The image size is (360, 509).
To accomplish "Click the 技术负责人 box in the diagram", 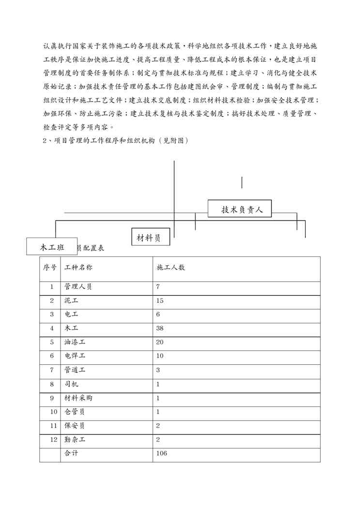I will pyautogui.click(x=240, y=209).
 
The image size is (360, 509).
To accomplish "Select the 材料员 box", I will pyautogui.click(x=150, y=237).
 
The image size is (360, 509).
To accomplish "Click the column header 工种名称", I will pyautogui.click(x=77, y=268).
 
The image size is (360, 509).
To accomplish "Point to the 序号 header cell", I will pyautogui.click(x=50, y=268).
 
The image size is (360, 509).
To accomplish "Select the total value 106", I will pyautogui.click(x=162, y=454).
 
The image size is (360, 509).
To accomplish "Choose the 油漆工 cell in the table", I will pyautogui.click(x=75, y=342).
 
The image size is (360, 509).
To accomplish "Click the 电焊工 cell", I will pyautogui.click(x=75, y=356).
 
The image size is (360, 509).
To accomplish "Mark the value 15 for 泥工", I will pyautogui.click(x=160, y=300).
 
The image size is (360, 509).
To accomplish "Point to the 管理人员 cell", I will pyautogui.click(x=78, y=286).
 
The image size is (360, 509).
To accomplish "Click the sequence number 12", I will pyautogui.click(x=51, y=440).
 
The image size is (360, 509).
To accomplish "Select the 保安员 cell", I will pyautogui.click(x=75, y=426).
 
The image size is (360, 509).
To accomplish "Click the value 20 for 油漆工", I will pyautogui.click(x=160, y=342).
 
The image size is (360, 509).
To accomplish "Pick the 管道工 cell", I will pyautogui.click(x=75, y=370).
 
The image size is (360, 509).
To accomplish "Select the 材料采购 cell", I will pyautogui.click(x=78, y=398).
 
